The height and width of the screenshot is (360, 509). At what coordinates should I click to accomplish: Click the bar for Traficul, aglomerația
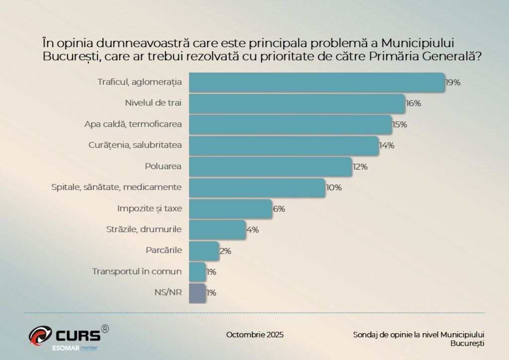point(317,82)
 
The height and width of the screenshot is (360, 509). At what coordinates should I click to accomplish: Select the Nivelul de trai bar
point(297,103)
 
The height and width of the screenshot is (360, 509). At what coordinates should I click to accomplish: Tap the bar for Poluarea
point(270,167)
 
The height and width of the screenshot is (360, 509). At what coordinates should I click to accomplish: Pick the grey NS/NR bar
point(197,292)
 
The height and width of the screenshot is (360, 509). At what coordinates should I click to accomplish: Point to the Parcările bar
point(204,251)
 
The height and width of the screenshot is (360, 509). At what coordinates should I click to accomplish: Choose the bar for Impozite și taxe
point(231,209)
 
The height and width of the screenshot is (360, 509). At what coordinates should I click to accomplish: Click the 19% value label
point(453,83)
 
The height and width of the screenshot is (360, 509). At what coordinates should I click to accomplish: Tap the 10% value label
point(334,187)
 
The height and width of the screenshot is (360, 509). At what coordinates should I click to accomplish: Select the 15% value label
point(400,124)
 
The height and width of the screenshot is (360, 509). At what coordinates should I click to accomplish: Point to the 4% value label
point(253,230)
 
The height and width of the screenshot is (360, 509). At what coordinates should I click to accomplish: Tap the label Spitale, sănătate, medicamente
point(117,187)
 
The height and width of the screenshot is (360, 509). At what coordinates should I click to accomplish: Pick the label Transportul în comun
point(137,271)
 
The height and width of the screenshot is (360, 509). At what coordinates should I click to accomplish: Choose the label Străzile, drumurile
point(144,230)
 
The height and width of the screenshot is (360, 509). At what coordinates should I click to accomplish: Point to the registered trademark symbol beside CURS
point(105,329)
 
